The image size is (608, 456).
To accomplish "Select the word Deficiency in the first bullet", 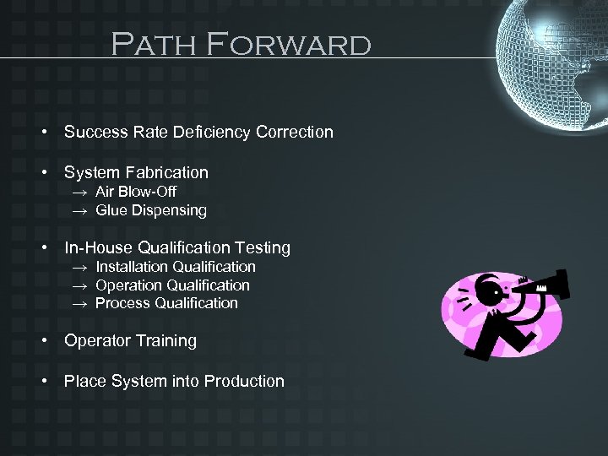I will [211, 132].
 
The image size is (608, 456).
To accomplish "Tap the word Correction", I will [295, 132].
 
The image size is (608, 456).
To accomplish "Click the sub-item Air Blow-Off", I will [135, 192].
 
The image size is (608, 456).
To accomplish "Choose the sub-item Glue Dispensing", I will [150, 210].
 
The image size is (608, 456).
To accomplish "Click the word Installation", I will [129, 267].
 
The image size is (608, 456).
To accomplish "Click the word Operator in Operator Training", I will [97, 340].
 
